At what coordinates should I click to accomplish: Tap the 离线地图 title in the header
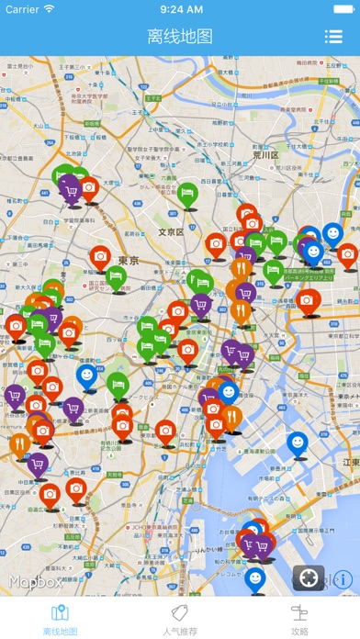(x=180, y=37)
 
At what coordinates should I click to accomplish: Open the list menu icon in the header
(x=332, y=37)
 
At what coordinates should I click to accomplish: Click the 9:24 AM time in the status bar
(x=180, y=8)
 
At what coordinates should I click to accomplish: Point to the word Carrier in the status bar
(x=22, y=8)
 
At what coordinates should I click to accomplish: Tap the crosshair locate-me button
(x=309, y=578)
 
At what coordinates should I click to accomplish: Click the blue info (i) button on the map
(x=343, y=579)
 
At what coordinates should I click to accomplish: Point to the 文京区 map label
(x=171, y=232)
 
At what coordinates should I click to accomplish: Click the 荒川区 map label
(x=266, y=155)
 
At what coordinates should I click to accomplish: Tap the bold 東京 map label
(x=129, y=262)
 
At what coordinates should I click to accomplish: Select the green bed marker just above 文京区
(x=187, y=192)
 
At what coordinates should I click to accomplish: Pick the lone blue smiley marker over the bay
(x=297, y=443)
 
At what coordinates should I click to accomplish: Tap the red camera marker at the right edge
(x=346, y=253)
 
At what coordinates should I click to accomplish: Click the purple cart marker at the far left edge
(x=15, y=395)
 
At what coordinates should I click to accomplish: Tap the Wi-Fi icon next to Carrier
(x=50, y=8)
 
